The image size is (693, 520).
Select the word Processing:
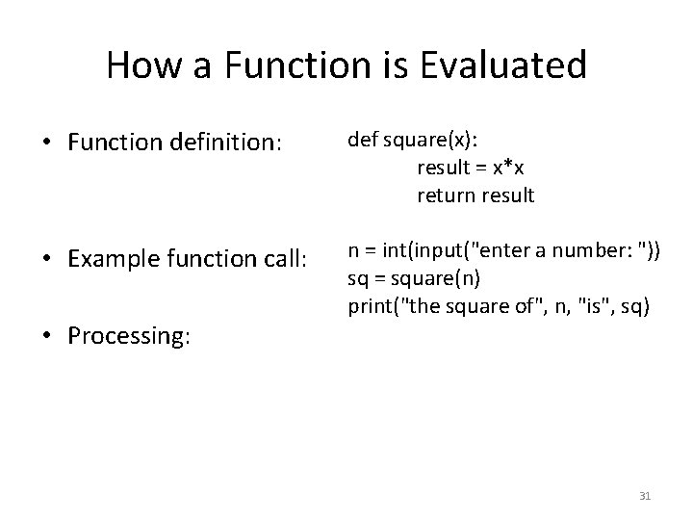point(129,336)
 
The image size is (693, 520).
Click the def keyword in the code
point(362,141)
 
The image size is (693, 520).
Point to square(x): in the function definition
point(421,141)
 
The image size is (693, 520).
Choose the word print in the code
point(369,307)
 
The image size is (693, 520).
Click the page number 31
point(645,496)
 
